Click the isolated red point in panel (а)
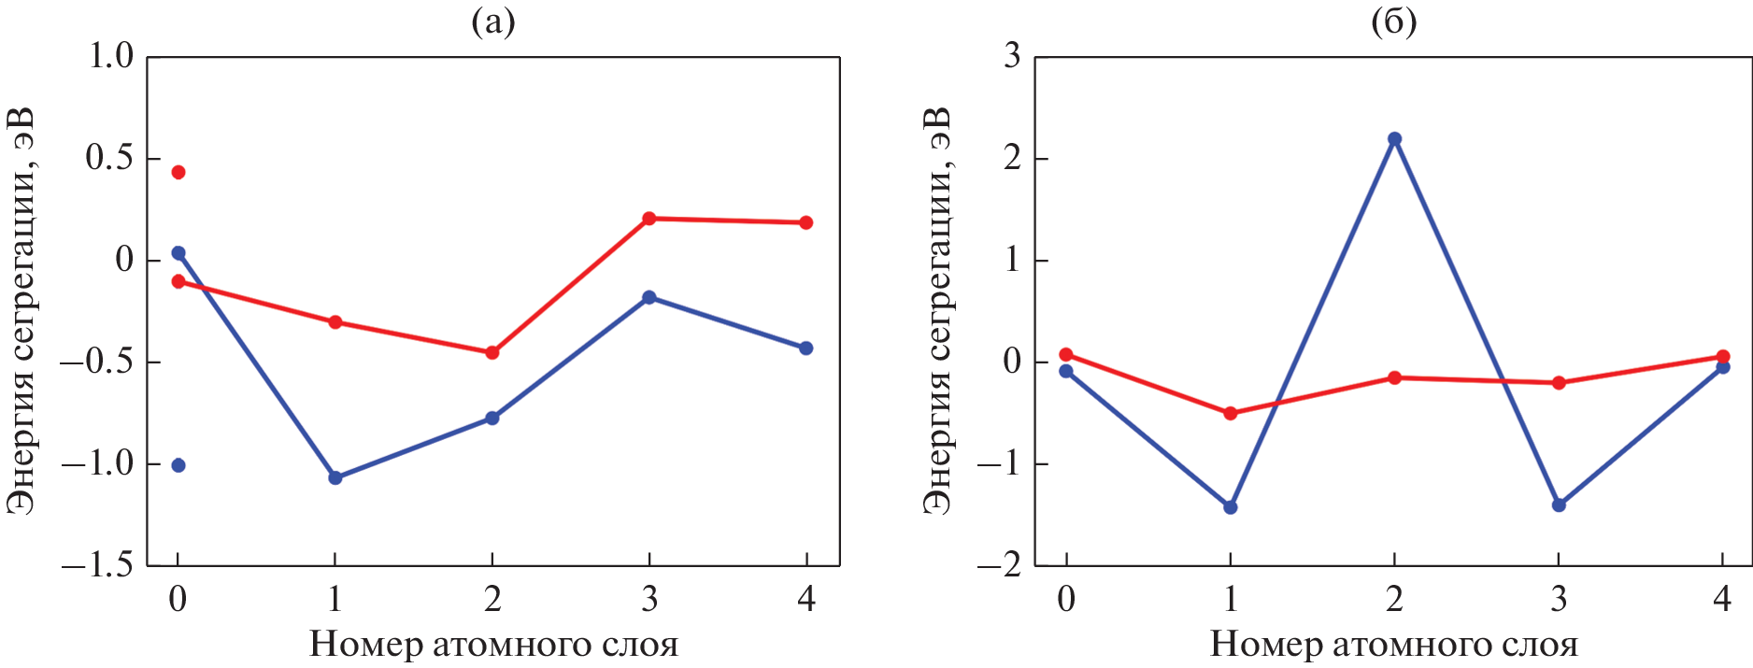[x=178, y=172]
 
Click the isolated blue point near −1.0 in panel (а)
[x=178, y=465]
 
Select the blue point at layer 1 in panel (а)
[x=335, y=477]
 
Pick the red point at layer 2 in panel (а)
[x=492, y=352]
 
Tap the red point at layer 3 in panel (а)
[x=649, y=219]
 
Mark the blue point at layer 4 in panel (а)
[x=806, y=348]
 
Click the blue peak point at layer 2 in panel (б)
[x=1395, y=138]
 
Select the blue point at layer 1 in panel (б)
[x=1231, y=507]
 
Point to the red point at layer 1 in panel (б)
[x=1231, y=413]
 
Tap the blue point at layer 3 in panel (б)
[x=1559, y=505]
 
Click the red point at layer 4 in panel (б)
[x=1723, y=357]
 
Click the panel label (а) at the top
[x=493, y=21]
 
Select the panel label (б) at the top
[x=1393, y=21]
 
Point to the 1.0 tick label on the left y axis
[x=110, y=56]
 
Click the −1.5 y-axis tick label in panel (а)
[x=98, y=565]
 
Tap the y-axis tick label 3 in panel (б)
[x=1012, y=56]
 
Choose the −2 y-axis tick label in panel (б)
[x=1000, y=565]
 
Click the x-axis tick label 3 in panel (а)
[x=649, y=598]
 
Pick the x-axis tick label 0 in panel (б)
[x=1066, y=598]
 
